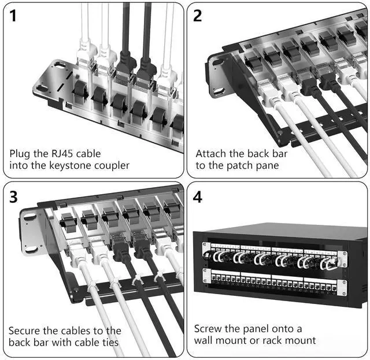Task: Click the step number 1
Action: pyautogui.click(x=13, y=16)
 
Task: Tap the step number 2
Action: pyautogui.click(x=197, y=16)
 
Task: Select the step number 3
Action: pyautogui.click(x=13, y=196)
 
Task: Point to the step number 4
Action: pyautogui.click(x=198, y=196)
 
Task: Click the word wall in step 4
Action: pyautogui.click(x=203, y=340)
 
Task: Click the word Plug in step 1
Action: pyautogui.click(x=20, y=154)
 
